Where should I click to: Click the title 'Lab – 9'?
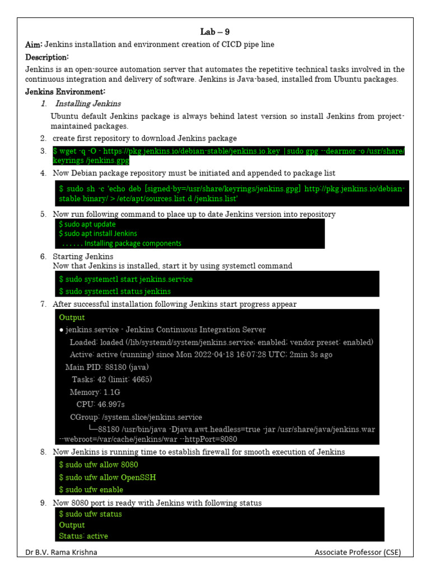coord(215,32)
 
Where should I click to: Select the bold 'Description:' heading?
coord(47,57)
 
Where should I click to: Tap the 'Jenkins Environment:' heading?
coord(65,91)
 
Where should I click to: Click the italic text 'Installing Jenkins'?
coord(87,104)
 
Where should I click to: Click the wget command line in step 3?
coord(228,155)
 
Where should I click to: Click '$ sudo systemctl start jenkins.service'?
coord(125,279)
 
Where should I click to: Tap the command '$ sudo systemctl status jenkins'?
coord(115,291)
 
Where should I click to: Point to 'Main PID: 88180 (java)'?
coord(107,367)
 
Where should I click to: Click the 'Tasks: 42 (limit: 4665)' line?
coord(111,379)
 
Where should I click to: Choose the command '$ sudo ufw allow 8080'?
coord(99,465)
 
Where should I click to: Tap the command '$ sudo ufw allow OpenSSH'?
coord(107,477)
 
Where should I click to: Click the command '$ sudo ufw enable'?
coord(91,489)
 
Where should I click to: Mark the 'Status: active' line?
coord(83,536)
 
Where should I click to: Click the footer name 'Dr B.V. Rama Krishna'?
coord(61,553)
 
